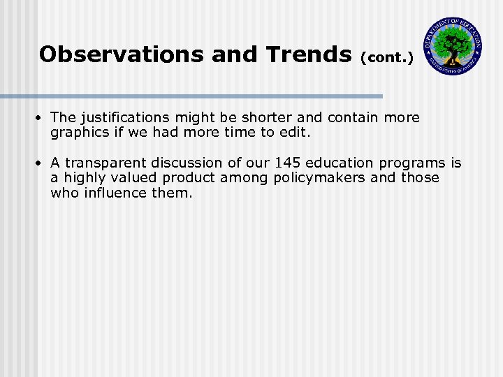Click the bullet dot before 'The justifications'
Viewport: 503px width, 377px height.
42,118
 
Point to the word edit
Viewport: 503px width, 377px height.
292,132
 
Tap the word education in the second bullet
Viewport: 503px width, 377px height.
342,163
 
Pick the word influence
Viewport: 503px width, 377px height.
112,192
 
